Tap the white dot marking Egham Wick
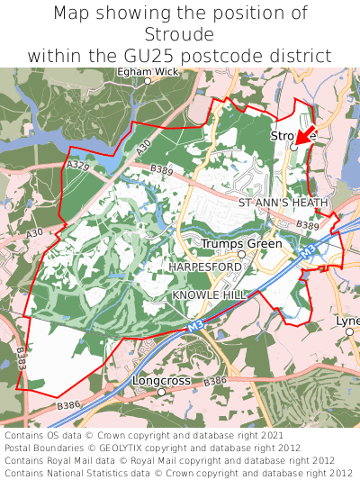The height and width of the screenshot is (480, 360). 148,81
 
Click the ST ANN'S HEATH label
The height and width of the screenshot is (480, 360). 283,204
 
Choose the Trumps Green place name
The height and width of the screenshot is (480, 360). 241,244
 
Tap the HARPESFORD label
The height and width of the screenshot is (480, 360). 205,267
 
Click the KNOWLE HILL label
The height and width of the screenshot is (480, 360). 208,295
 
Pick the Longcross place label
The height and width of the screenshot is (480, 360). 162,381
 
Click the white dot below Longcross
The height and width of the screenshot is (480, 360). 161,393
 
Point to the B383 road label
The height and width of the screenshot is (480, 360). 22,359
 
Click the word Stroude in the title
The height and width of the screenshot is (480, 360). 179,34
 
